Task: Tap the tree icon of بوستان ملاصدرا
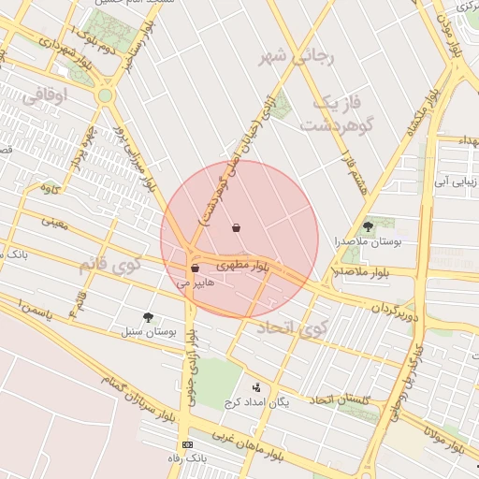click(x=368, y=226)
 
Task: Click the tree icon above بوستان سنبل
click(x=149, y=317)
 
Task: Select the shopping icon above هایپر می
click(x=195, y=269)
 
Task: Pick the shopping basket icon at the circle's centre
click(x=236, y=227)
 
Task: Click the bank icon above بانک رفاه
click(x=188, y=443)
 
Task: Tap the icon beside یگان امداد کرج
click(x=257, y=387)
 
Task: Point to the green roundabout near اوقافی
click(x=105, y=95)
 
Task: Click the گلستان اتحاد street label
click(x=341, y=400)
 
